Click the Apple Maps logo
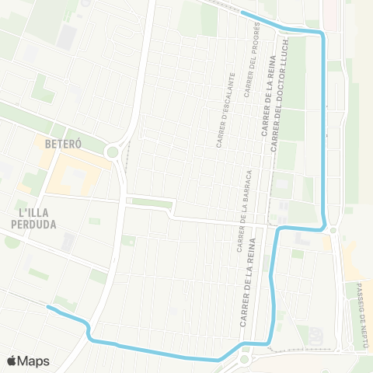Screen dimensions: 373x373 (28, 361)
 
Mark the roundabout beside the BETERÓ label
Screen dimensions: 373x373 (114, 152)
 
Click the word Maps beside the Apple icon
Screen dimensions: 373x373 (34, 361)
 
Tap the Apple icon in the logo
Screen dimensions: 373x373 (12, 361)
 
